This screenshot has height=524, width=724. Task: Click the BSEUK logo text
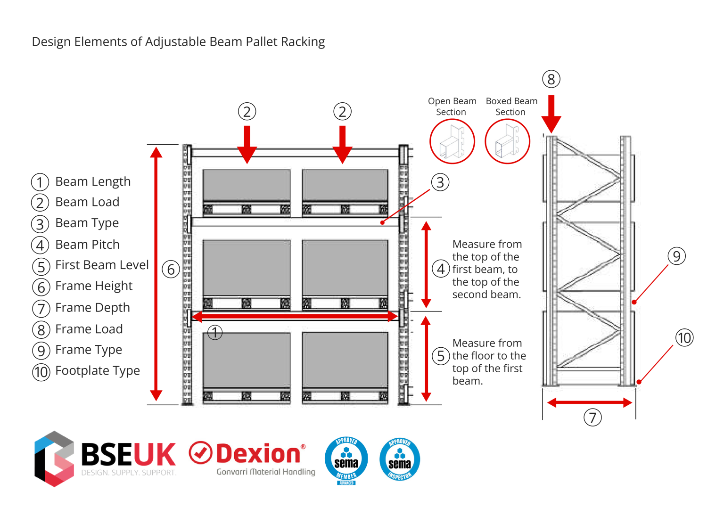pos(128,454)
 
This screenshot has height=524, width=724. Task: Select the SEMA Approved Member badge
pos(346,460)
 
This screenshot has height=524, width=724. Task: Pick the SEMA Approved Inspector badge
pos(400,459)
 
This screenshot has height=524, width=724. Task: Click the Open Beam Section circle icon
pos(452,141)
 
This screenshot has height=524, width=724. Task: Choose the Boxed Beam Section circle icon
pos(507,141)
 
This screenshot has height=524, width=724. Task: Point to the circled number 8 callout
pos(551,79)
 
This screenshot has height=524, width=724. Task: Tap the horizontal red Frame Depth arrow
pos(589,402)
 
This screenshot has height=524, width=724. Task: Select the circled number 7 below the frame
pos(592,418)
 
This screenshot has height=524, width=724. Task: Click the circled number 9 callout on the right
pos(676,256)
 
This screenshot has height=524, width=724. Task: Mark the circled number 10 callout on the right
pos(684,338)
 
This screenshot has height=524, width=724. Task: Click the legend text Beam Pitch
pos(88,245)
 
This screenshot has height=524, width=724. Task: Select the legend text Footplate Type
pos(98,371)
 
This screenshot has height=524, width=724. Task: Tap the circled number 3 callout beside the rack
pos(440,182)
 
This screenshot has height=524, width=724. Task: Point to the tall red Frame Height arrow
pos(156,273)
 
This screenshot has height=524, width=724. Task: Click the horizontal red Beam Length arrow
pos(295,317)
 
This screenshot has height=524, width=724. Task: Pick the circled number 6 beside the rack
pos(171,270)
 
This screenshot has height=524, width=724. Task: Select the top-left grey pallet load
pos(247,186)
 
